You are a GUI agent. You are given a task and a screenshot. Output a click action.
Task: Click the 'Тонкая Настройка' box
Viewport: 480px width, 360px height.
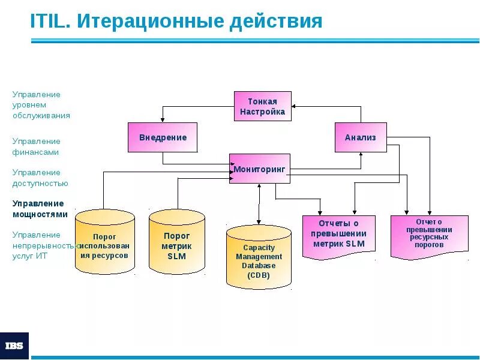point(262,106)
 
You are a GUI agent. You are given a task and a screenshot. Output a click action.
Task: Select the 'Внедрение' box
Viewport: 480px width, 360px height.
point(163,137)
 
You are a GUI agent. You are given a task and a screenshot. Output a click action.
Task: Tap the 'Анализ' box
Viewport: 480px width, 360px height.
point(360,137)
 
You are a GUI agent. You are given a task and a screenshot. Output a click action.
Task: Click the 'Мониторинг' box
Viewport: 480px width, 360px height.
point(259,169)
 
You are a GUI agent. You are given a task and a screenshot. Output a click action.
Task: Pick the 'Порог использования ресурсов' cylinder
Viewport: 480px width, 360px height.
point(105,242)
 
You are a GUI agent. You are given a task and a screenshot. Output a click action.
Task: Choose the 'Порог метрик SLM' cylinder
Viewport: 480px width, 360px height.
point(177,242)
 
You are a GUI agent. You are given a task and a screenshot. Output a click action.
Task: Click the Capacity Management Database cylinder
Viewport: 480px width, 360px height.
point(259,258)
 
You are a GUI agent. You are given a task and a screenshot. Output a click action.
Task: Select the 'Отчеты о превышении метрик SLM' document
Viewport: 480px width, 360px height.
point(338,235)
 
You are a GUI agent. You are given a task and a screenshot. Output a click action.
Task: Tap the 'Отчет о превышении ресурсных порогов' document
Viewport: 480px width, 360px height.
point(429,235)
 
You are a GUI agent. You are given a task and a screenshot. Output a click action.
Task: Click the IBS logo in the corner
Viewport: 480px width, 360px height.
point(14,346)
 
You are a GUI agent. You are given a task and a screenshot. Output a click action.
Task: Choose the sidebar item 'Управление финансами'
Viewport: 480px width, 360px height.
point(37,146)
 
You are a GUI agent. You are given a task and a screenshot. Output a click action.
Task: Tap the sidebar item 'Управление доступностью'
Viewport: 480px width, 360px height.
point(40,178)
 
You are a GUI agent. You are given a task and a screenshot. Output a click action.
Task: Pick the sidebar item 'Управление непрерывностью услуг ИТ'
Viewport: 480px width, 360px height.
point(45,245)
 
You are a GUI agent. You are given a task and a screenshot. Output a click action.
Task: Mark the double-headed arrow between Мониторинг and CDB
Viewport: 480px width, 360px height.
point(259,204)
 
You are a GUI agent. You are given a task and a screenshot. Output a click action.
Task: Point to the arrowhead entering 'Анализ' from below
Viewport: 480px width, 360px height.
point(361,155)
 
